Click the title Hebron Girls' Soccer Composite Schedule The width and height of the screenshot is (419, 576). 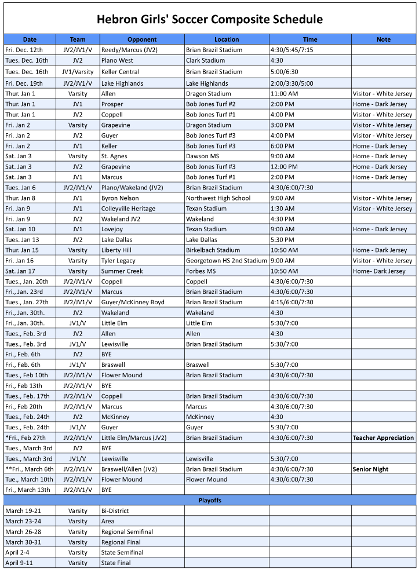[x=209, y=19]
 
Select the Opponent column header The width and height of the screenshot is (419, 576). [x=142, y=39]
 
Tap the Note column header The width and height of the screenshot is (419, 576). [x=383, y=39]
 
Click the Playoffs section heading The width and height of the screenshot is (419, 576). [x=209, y=500]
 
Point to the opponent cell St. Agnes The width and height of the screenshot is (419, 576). [x=115, y=156]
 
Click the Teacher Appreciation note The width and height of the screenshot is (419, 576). [x=383, y=438]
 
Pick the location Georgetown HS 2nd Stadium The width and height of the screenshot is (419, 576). [x=226, y=261]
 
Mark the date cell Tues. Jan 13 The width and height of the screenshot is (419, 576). [x=22, y=240]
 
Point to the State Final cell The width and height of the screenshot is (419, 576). [x=116, y=563]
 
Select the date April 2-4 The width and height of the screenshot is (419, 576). [x=19, y=553]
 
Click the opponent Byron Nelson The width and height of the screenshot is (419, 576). [x=120, y=198]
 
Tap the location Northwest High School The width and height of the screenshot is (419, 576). [x=218, y=198]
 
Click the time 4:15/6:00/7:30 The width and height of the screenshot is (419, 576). [x=292, y=302]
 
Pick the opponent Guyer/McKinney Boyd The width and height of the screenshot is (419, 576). [x=133, y=302]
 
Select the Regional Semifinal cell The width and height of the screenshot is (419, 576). [x=127, y=532]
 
